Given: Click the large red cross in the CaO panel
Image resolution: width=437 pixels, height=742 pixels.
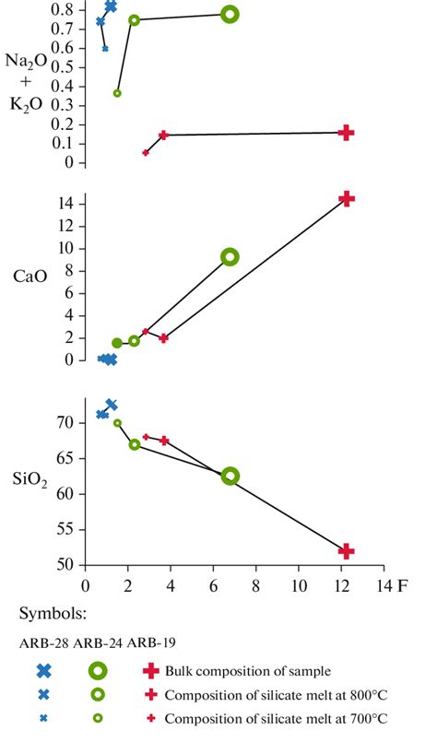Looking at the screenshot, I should pyautogui.click(x=347, y=199).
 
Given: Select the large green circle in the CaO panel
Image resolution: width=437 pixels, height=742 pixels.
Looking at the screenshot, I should pyautogui.click(x=230, y=257).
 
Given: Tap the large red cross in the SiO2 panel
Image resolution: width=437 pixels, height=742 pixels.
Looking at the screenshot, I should pyautogui.click(x=347, y=551).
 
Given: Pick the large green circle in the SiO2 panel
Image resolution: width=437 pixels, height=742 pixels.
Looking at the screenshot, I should pyautogui.click(x=230, y=476).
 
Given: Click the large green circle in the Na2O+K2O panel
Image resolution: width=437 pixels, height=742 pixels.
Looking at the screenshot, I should pyautogui.click(x=230, y=14).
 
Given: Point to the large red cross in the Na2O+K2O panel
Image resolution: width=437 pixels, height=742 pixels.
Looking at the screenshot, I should pyautogui.click(x=347, y=133).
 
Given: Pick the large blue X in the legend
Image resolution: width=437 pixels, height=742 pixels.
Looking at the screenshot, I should pyautogui.click(x=43, y=671).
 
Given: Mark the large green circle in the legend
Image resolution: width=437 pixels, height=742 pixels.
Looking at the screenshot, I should pyautogui.click(x=97, y=671).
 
